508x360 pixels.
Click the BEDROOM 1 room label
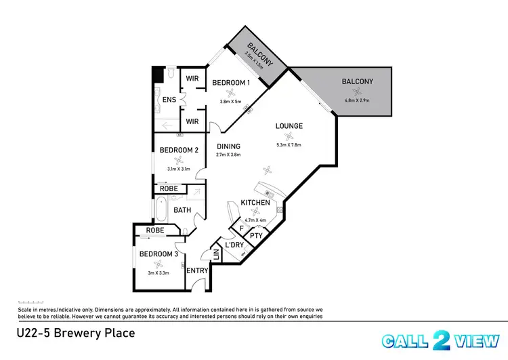(x=231, y=83)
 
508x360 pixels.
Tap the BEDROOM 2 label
(x=178, y=150)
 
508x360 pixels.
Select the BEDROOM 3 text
(x=158, y=254)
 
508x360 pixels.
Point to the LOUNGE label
(x=289, y=126)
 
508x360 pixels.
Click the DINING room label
(x=228, y=146)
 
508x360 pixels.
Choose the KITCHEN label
(x=255, y=203)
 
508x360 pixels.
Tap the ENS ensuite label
(x=169, y=100)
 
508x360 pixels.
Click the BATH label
(x=182, y=210)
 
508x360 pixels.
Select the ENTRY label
(x=197, y=271)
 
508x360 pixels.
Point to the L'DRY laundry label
(x=234, y=245)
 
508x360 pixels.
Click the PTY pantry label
(x=256, y=236)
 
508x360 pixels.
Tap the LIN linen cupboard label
(x=217, y=255)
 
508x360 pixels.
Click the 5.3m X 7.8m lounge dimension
(x=289, y=144)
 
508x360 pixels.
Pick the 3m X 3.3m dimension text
(x=158, y=273)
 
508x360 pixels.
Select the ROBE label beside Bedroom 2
(x=169, y=188)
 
